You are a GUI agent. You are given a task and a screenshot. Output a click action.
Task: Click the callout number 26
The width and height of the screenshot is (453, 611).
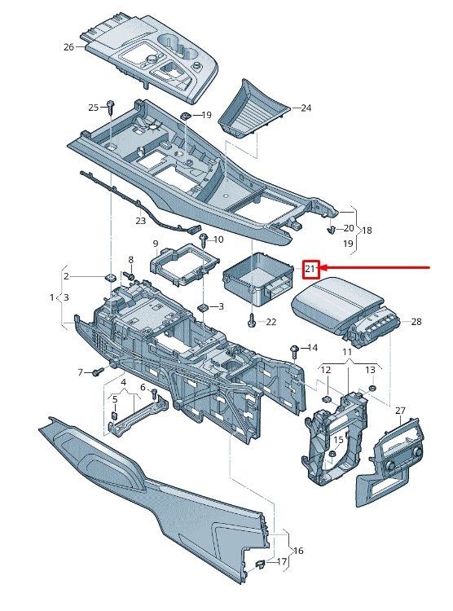point(68,46)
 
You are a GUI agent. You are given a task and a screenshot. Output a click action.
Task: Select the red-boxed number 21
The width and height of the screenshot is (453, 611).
point(310,269)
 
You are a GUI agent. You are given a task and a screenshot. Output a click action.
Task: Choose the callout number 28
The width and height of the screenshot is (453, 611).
point(416,322)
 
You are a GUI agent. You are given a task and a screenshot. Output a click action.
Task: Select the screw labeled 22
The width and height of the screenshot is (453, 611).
point(253,320)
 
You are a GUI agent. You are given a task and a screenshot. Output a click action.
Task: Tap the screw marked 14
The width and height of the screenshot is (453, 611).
point(292,350)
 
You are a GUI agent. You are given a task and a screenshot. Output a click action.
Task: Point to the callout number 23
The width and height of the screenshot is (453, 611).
point(140,220)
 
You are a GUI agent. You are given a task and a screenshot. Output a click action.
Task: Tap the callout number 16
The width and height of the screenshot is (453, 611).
point(298,552)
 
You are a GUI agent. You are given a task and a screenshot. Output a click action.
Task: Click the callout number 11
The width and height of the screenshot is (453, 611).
point(347,352)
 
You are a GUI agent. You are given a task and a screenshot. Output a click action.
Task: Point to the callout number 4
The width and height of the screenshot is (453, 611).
point(124,382)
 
